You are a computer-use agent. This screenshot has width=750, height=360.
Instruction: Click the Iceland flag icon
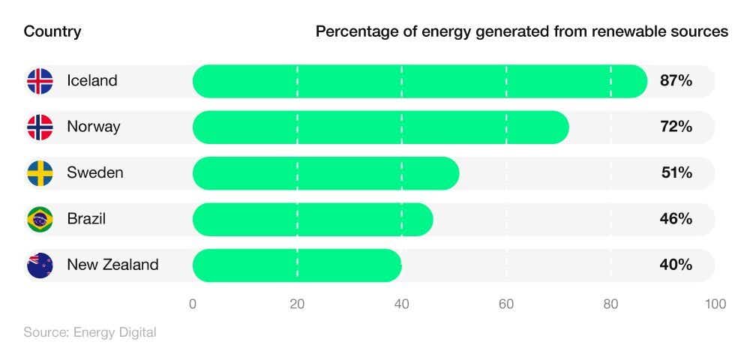point(40,81)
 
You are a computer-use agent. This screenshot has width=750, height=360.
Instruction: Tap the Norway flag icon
point(40,127)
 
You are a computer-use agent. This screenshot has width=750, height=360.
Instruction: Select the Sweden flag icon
point(40,173)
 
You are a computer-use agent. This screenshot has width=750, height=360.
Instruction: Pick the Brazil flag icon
point(40,219)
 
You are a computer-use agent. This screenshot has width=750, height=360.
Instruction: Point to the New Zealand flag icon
point(40,265)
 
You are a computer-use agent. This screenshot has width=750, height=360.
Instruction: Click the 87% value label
point(676,81)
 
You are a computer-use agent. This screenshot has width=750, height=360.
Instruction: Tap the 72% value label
point(676,127)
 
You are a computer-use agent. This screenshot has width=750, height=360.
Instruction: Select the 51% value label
point(676,173)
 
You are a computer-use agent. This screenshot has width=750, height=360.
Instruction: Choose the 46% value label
point(676,219)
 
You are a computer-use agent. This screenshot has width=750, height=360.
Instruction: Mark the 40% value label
point(676,265)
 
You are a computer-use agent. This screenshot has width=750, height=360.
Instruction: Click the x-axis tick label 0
point(193,304)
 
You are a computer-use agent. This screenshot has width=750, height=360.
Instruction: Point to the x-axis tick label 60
point(506,304)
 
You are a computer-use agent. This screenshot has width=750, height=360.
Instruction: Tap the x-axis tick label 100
point(715,304)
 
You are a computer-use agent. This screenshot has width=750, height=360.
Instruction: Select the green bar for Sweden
point(325,173)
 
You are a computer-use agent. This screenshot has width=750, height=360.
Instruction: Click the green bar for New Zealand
point(297,265)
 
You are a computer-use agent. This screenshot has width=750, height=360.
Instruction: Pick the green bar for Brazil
point(313,219)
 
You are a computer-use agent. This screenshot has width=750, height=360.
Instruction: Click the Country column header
point(52,31)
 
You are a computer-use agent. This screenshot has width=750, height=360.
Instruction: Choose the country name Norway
point(94,127)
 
